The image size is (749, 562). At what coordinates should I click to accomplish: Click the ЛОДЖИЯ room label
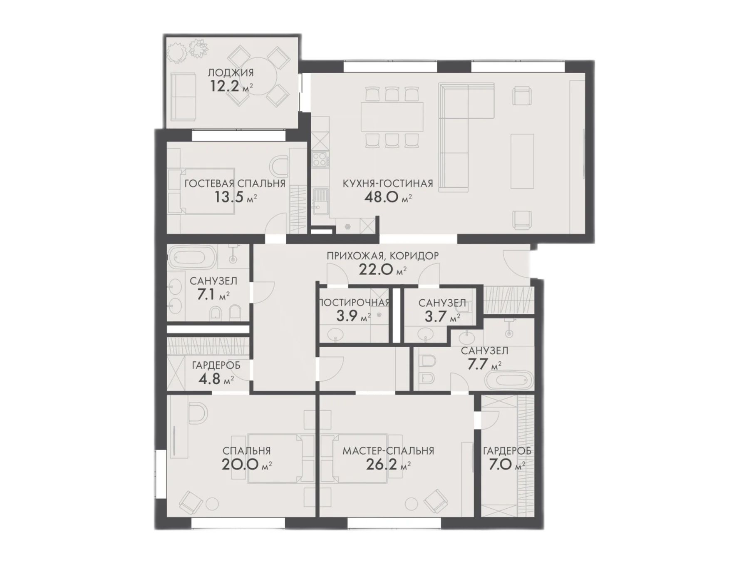point(231,73)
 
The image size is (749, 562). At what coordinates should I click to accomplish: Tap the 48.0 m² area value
point(388,196)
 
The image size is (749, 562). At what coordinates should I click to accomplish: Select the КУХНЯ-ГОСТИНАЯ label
point(388,183)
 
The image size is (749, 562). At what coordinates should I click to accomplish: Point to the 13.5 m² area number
point(235,196)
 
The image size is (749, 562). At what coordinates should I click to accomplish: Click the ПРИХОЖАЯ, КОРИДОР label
point(382,256)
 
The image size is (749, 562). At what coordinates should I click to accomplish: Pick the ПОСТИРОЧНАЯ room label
point(354,303)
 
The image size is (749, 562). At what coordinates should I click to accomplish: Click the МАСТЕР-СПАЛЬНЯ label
point(388,451)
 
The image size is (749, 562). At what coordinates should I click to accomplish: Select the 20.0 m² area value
point(247,464)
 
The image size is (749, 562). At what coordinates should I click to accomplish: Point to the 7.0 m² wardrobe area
point(506,464)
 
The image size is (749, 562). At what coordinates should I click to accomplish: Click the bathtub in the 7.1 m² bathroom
point(192,258)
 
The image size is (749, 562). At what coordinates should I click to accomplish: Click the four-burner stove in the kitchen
point(321,159)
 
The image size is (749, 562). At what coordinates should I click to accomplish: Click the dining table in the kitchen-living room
point(392,117)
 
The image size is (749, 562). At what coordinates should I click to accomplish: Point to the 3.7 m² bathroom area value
point(442,317)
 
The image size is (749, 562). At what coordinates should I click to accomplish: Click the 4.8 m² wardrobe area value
point(216,379)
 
